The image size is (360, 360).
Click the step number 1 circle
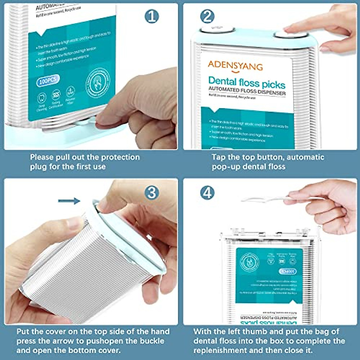(x=152, y=16)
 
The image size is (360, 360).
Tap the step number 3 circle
(x=152, y=193)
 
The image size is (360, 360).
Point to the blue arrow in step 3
(x=69, y=201)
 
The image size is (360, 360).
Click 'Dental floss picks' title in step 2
(x=247, y=82)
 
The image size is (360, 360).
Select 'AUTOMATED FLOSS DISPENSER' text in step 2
(x=247, y=91)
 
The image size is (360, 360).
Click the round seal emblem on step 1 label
(x=98, y=82)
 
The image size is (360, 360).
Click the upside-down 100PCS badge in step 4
(x=287, y=271)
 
